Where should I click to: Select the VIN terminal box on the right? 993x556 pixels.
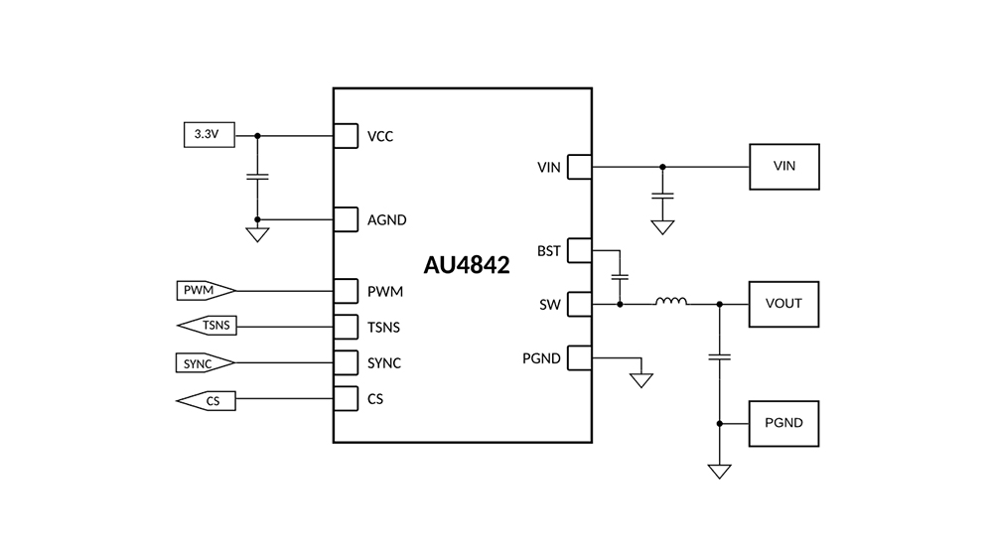pos(784,166)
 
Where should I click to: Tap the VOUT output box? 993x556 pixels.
pos(784,303)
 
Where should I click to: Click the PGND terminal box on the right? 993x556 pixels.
pos(784,423)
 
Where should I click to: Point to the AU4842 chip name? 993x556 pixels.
pos(468,265)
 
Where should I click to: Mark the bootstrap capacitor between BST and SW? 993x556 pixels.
pos(621,274)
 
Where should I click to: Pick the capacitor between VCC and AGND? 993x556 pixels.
pos(257,177)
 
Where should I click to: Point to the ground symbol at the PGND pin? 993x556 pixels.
pos(641,379)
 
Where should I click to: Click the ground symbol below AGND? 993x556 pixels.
pos(257,235)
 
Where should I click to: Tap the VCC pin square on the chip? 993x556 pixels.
pos(345,135)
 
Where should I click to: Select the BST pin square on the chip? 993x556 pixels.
pos(579,251)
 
